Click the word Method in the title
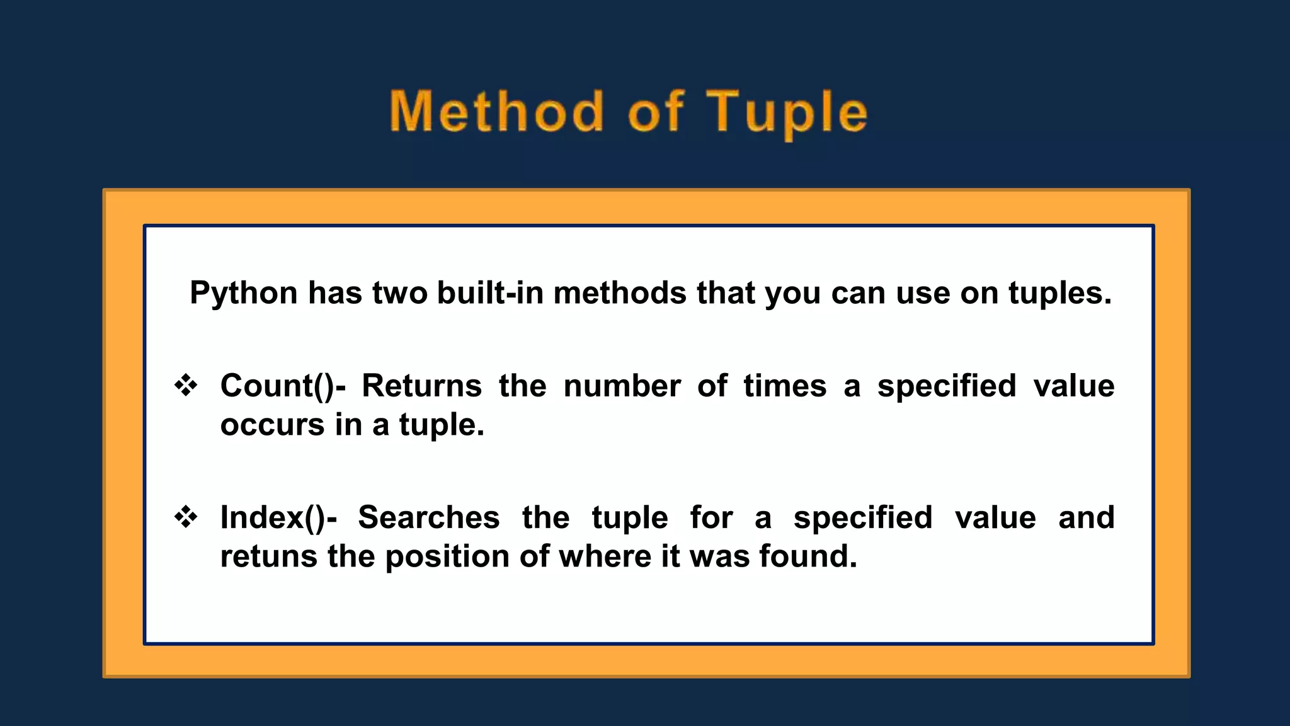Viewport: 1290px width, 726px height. [x=496, y=112]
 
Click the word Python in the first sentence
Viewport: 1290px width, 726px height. [x=243, y=294]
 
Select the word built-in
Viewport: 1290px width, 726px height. [x=490, y=294]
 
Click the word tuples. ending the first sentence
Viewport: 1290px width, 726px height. [x=1059, y=294]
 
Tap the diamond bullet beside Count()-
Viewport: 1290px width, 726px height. [x=186, y=385]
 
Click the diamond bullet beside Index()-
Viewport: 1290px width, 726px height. [x=186, y=517]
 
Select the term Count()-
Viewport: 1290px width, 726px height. [x=282, y=386]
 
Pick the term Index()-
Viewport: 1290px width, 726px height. [x=278, y=518]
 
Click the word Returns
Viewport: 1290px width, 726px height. [x=421, y=386]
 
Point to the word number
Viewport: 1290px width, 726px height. [x=622, y=386]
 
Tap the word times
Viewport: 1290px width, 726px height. [x=784, y=386]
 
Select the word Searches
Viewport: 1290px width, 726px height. [x=428, y=518]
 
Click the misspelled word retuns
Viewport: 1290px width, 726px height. [x=268, y=557]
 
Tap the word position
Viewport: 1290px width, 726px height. [x=447, y=557]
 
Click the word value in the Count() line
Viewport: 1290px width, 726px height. [x=1073, y=386]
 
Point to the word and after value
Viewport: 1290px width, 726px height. [x=1086, y=518]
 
